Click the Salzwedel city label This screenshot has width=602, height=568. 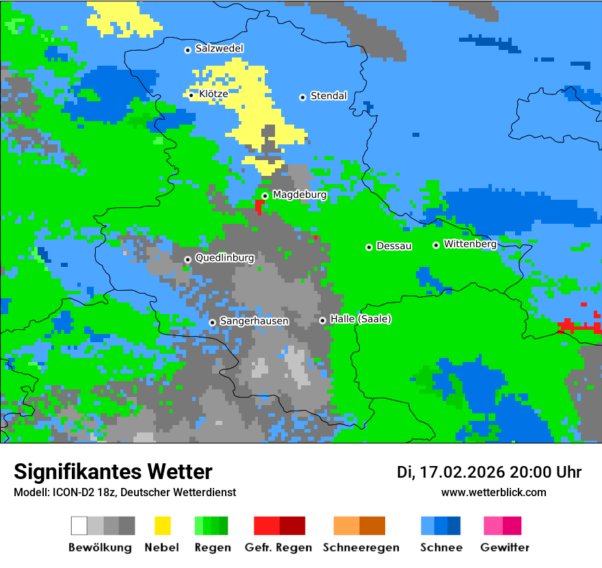pos(219,49)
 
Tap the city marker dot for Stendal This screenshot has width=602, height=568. pos(302,97)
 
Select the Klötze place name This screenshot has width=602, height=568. pos(213,94)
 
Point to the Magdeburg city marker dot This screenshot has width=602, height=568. pos(265,196)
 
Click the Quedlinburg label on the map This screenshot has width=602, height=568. pos(224,258)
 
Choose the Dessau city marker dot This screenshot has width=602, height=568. pos(369,247)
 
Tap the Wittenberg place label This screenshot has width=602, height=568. pos(470,244)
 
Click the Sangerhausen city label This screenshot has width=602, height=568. pos(254,321)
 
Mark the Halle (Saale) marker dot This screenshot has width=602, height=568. pos(322,320)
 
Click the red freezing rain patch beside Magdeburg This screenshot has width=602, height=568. pos(259,205)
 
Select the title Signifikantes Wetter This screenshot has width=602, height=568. pos(113,472)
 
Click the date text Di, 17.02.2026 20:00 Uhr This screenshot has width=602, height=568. pos(489,472)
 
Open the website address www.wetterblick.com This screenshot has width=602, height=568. pos(493,493)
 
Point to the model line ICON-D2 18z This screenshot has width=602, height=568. pos(125,493)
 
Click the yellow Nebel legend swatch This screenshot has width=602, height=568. pos(162,526)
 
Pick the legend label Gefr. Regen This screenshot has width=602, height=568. pos(278,547)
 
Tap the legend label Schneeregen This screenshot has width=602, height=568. pos(361,547)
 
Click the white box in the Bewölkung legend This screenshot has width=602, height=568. pos(79,526)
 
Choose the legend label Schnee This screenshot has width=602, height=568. pos(441,547)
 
